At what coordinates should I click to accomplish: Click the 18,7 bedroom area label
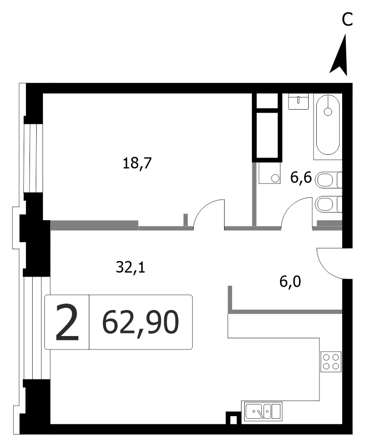pyautogui.click(x=137, y=164)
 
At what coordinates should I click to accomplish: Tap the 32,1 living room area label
pyautogui.click(x=131, y=268)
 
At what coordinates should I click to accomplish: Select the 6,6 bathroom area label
pyautogui.click(x=301, y=178)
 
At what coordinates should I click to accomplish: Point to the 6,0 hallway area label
pyautogui.click(x=290, y=282)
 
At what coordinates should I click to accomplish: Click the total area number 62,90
pyautogui.click(x=140, y=323)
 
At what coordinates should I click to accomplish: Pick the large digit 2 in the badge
pyautogui.click(x=67, y=322)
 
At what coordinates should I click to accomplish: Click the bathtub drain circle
pyautogui.click(x=328, y=112)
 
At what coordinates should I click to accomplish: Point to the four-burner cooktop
pyautogui.click(x=331, y=362)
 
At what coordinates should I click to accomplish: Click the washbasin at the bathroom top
pyautogui.click(x=298, y=102)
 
